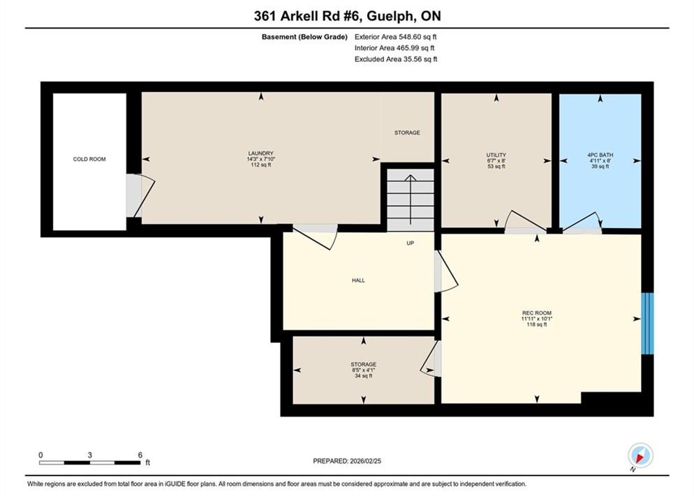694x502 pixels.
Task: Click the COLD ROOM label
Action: [89, 159]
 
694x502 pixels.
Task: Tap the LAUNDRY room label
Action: [260, 153]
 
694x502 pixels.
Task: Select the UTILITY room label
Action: [496, 155]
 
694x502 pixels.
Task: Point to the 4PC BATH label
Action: [600, 155]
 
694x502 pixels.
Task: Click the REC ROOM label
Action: [537, 313]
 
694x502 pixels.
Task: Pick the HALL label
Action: [358, 280]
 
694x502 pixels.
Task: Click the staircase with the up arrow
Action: [411, 199]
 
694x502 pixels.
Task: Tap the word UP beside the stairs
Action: [411, 243]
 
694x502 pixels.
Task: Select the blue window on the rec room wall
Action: [647, 323]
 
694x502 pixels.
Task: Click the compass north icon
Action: [640, 455]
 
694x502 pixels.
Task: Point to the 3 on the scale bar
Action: [90, 455]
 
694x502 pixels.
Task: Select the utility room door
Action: [525, 222]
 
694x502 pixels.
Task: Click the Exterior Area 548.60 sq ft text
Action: [396, 37]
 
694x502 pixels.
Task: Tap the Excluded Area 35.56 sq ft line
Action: [396, 59]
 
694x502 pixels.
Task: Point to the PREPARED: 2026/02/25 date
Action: [347, 461]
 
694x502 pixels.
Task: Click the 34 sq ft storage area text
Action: [363, 376]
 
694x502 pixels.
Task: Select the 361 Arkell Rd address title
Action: [348, 16]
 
